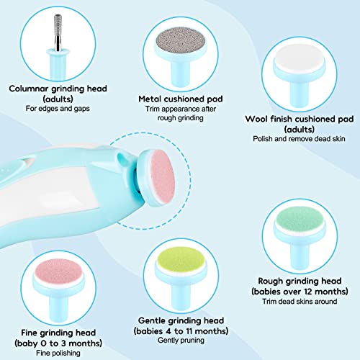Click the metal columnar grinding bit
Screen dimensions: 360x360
click(55, 31)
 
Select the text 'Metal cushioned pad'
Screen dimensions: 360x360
click(181, 98)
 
